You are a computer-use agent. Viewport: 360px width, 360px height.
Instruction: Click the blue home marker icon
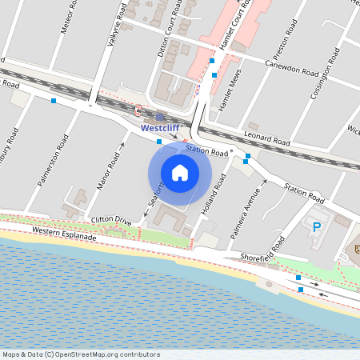(x=180, y=172)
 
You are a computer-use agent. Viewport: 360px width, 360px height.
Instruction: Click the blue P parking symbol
(x=317, y=227)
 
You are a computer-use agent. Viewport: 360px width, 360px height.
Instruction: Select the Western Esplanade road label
(x=64, y=234)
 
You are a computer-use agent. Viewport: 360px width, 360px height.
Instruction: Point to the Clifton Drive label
(x=111, y=219)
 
